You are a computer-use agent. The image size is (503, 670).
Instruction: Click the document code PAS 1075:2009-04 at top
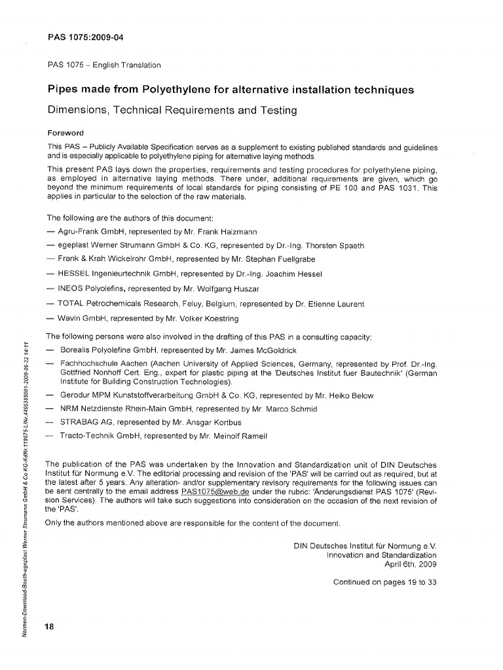click(x=86, y=37)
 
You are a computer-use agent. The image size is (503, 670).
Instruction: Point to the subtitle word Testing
click(x=274, y=111)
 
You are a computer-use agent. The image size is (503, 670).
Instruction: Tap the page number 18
click(x=50, y=626)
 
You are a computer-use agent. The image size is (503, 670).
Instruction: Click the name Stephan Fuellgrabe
click(x=273, y=260)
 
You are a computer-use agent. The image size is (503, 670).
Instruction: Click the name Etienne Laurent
click(x=333, y=304)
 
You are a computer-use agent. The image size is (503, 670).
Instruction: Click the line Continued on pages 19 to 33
click(x=384, y=582)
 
